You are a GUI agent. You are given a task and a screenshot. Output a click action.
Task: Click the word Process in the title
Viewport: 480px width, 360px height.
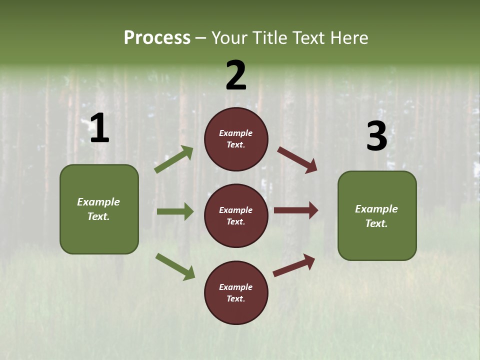[x=157, y=38]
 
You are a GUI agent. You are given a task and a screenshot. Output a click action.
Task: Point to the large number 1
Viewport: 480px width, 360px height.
[x=99, y=128]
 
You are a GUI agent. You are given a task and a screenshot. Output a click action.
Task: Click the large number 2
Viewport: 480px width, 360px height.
[x=236, y=75]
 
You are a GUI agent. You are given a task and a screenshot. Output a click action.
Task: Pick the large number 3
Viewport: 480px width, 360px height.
[x=376, y=137]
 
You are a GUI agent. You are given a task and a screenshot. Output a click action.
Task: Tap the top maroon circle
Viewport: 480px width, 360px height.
[x=236, y=139]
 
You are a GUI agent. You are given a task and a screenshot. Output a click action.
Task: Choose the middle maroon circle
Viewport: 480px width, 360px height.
[x=236, y=216]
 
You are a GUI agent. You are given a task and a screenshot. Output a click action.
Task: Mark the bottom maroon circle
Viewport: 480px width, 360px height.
[x=236, y=293]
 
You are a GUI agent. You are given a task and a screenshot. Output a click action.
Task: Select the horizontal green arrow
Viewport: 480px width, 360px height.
[x=175, y=211]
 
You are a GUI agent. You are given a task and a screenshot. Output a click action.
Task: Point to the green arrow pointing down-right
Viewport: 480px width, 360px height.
[x=175, y=266]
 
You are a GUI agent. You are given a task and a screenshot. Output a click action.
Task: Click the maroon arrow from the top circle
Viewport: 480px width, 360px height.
[x=297, y=160]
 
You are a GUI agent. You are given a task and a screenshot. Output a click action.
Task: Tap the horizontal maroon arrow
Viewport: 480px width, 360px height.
[x=296, y=210]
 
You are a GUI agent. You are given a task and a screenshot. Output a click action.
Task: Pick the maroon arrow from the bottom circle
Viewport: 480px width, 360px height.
[x=294, y=265]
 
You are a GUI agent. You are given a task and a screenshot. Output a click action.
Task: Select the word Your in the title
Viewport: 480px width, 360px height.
[x=230, y=38]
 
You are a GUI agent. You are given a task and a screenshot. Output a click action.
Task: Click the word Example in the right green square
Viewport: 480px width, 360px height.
[x=376, y=209]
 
